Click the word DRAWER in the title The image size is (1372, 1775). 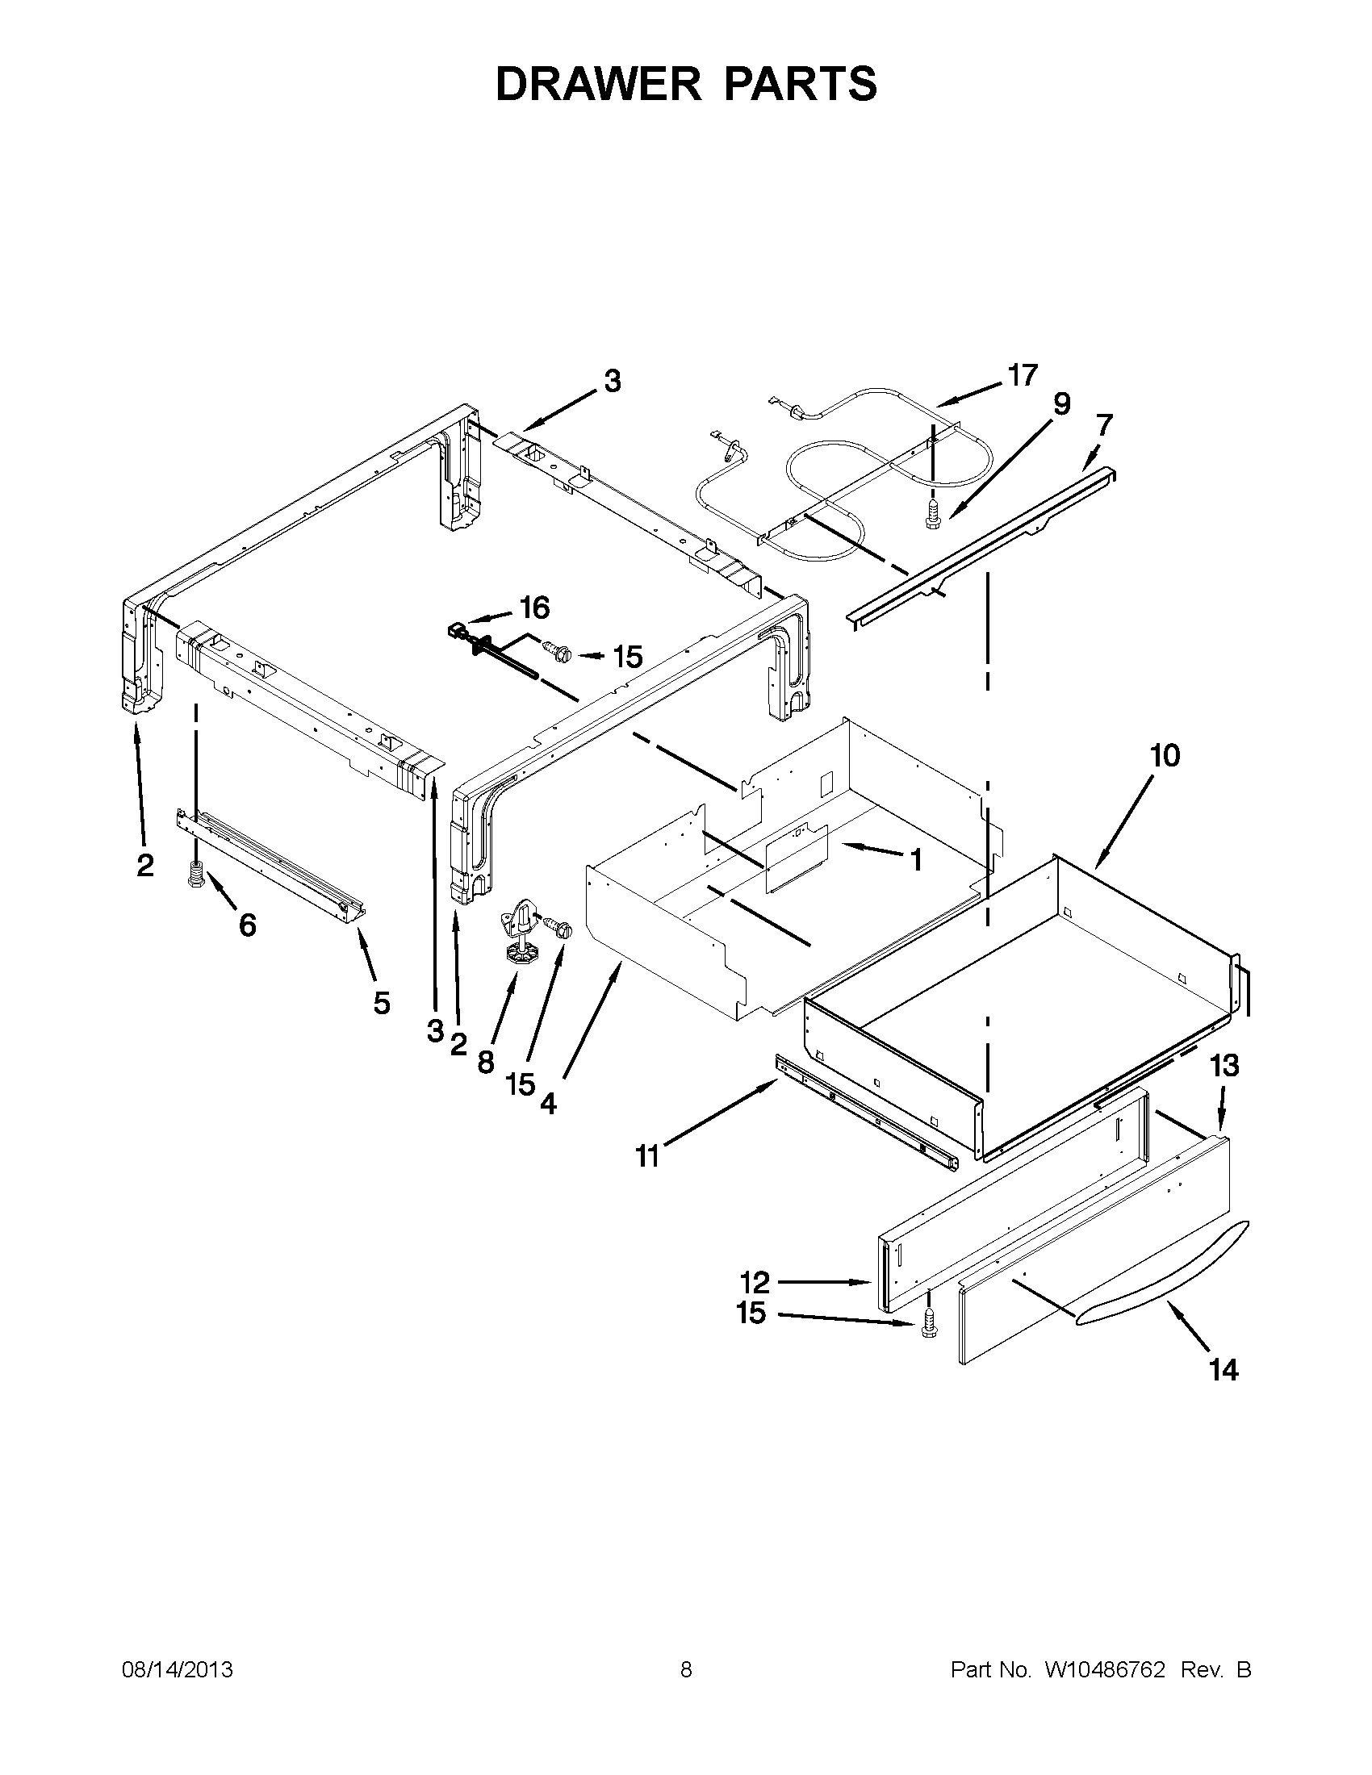coord(597,84)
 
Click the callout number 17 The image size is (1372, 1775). coord(1023,375)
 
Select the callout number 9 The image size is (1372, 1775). coord(1062,404)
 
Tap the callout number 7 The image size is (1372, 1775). coord(1104,425)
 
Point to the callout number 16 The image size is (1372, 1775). coord(534,607)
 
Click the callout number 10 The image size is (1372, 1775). coord(1165,756)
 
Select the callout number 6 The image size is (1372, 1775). coord(247,924)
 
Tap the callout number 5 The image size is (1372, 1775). coord(381,1003)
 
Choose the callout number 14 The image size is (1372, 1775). coord(1224,1370)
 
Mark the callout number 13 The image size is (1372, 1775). coord(1225,1066)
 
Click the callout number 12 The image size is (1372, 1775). coord(755,1283)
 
